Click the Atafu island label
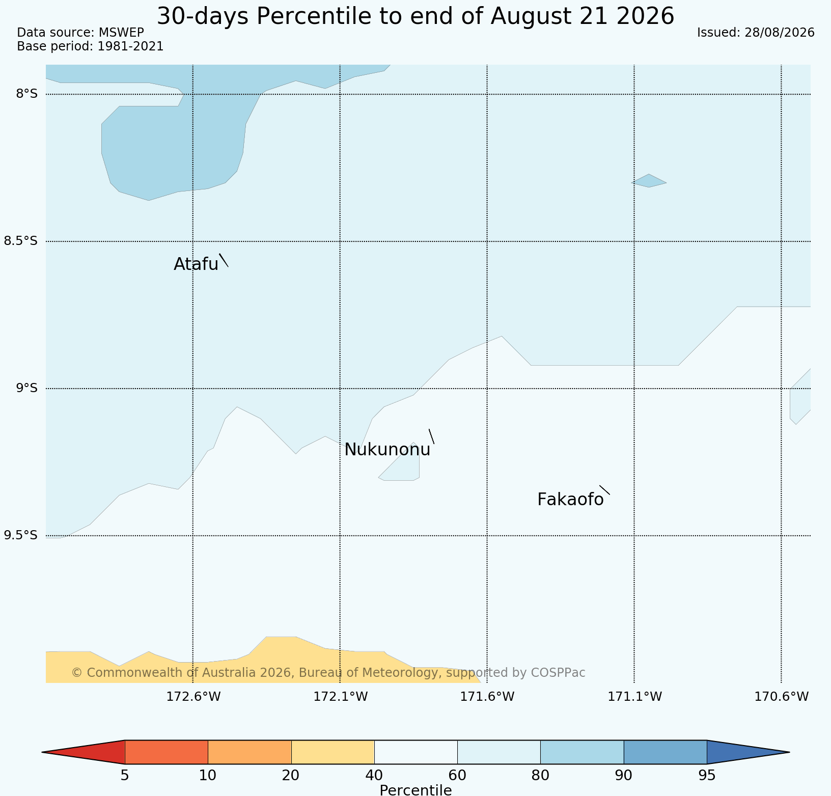click(x=196, y=264)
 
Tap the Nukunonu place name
click(x=387, y=450)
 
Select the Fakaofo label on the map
click(x=570, y=500)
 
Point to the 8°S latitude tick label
click(x=27, y=94)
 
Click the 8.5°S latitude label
click(x=21, y=241)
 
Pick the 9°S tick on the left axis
click(x=27, y=388)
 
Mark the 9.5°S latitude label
click(x=21, y=535)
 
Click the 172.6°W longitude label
click(x=193, y=696)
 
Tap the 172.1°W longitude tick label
click(x=341, y=696)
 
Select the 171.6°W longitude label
click(x=488, y=696)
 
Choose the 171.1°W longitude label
click(x=635, y=696)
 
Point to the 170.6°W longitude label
click(x=782, y=696)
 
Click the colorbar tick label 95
click(x=707, y=776)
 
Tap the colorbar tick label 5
click(x=125, y=776)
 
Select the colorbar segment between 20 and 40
click(x=333, y=752)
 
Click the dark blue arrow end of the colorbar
click(x=743, y=752)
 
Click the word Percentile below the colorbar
click(x=415, y=790)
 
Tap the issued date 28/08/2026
click(x=780, y=33)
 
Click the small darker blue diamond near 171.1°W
click(x=649, y=181)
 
